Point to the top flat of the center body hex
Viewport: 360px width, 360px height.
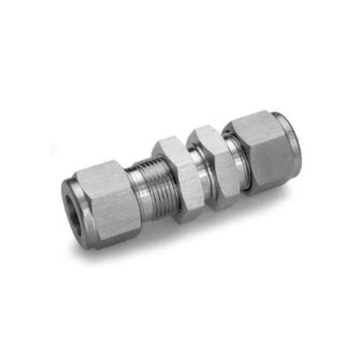[207, 135]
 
